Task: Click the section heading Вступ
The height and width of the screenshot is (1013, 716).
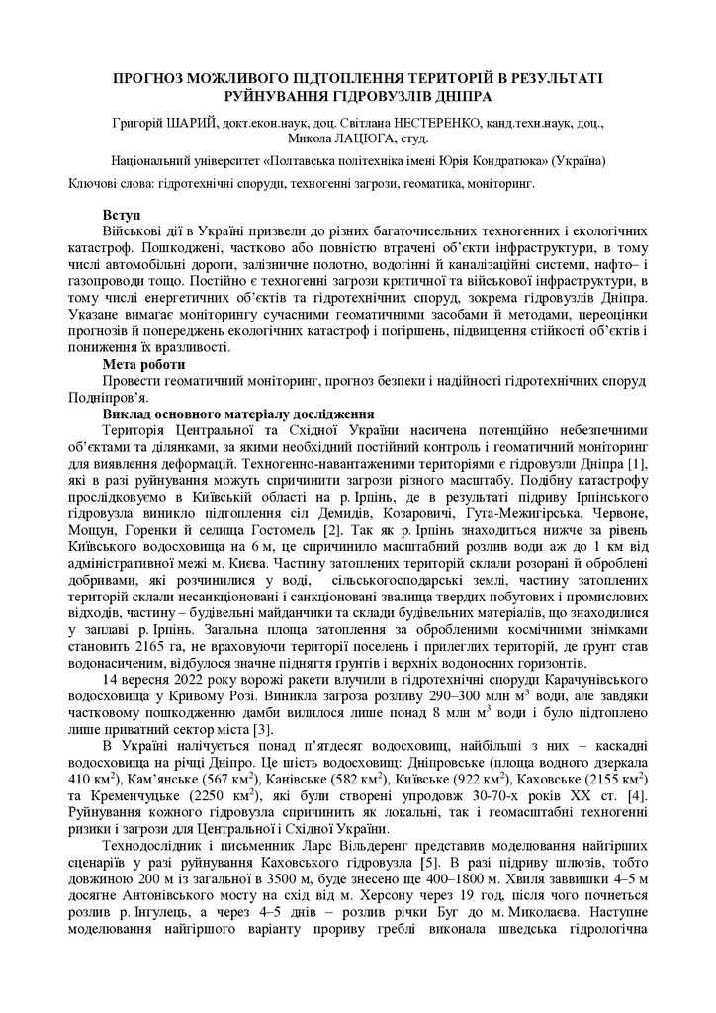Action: coord(122,214)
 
